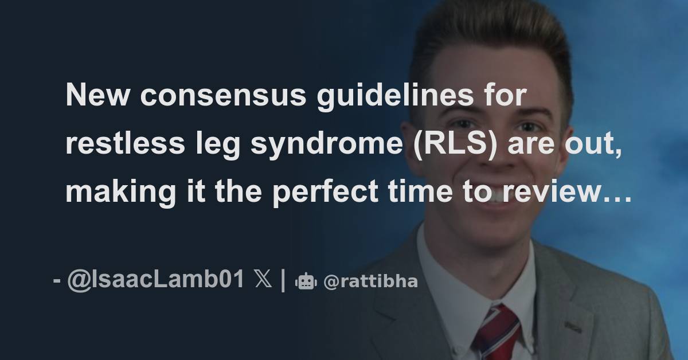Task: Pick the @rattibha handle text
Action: (370, 282)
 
